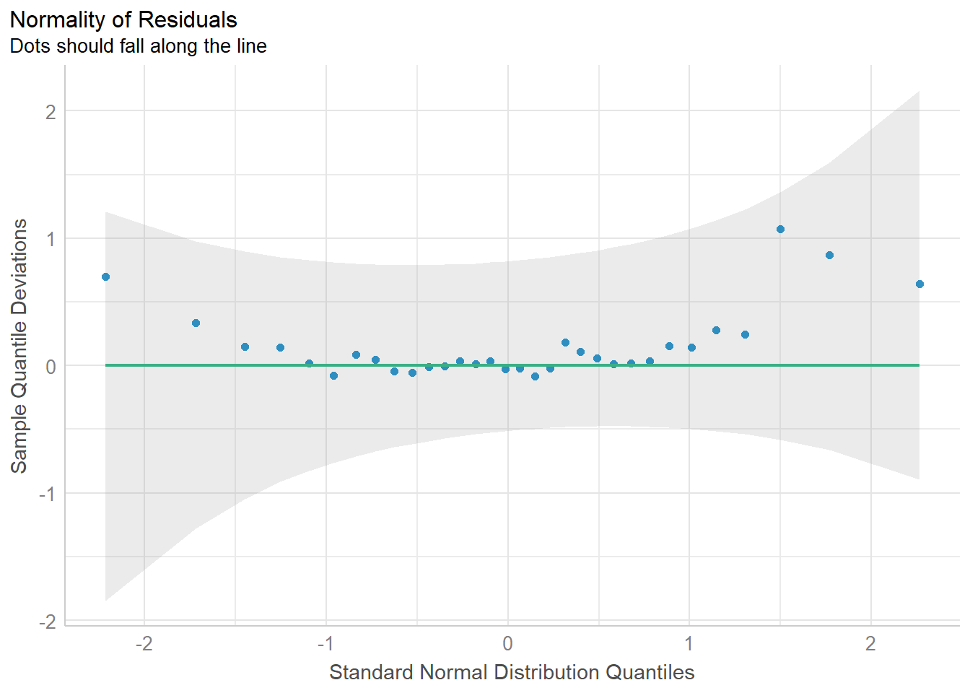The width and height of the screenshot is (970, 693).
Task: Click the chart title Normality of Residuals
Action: [123, 19]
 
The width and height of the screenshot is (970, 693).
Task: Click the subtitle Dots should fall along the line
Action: [138, 46]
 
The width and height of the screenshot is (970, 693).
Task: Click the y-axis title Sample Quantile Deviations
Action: [19, 346]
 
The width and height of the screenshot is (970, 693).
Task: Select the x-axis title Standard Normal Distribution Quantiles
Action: [512, 672]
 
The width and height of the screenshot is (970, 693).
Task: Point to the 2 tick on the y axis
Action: [51, 112]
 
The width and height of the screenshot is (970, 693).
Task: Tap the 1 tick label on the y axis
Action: [51, 239]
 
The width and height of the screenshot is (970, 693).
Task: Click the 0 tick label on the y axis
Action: [51, 367]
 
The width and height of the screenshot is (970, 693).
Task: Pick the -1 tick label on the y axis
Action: [47, 494]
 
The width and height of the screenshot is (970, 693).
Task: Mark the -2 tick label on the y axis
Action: [47, 622]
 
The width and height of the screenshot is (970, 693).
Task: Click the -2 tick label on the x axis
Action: [144, 643]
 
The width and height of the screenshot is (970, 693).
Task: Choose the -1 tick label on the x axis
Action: [325, 643]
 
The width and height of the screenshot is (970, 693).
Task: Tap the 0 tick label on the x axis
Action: [507, 643]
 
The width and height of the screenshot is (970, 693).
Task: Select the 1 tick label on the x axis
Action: [689, 643]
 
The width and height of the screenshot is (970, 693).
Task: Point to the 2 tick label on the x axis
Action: [870, 643]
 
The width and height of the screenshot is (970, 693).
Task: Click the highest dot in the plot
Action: [780, 230]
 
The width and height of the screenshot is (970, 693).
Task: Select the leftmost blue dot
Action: [105, 276]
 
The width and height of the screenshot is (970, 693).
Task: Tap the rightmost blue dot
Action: [919, 284]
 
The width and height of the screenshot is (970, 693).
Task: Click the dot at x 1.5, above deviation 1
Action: [780, 230]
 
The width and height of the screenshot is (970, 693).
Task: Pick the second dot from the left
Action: [196, 323]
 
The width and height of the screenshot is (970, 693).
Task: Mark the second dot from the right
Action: [829, 255]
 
